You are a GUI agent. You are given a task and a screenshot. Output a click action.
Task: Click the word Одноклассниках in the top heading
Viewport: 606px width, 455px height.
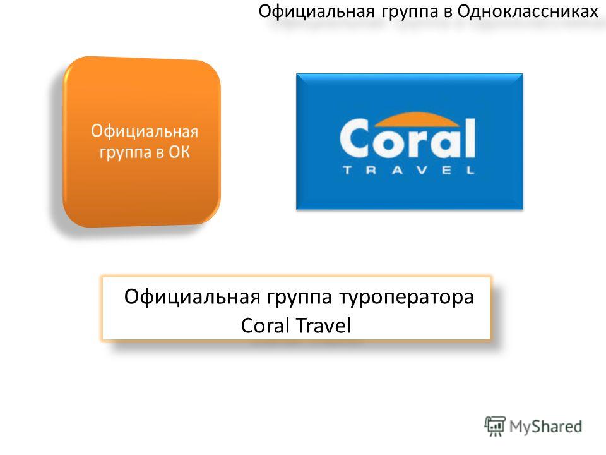(528, 11)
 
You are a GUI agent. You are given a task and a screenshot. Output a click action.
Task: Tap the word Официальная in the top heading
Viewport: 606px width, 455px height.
(316, 11)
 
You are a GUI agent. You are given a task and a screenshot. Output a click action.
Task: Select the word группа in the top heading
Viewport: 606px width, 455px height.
(411, 13)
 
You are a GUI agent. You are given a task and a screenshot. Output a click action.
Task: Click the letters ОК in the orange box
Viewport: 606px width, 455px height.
(179, 152)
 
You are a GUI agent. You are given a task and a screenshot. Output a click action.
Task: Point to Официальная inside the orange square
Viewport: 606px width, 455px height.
(145, 131)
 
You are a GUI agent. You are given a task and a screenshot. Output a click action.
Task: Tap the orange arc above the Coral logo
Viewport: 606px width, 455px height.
(417, 120)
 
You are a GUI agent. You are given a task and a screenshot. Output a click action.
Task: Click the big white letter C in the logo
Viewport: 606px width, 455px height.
(355, 138)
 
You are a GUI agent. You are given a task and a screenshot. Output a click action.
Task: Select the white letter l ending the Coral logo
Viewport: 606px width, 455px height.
(469, 138)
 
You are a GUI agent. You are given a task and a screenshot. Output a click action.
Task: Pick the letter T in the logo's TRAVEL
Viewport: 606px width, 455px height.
(347, 170)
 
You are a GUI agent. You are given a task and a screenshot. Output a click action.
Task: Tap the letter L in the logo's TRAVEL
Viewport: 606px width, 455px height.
(470, 170)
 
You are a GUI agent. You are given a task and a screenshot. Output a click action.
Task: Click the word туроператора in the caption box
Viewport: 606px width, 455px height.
(407, 298)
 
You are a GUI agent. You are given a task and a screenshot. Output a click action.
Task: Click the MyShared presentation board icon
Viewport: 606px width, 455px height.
(495, 426)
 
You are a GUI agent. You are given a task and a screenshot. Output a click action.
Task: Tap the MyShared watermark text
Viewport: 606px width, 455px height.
(545, 427)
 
